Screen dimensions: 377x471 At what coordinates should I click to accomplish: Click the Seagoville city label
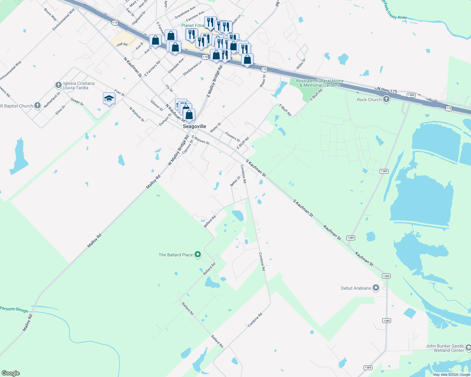195,126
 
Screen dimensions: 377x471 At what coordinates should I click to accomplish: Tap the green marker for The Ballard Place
198,254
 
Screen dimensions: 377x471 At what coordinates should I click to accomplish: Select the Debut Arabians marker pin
376,288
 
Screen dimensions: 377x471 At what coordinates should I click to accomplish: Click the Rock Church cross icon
386,100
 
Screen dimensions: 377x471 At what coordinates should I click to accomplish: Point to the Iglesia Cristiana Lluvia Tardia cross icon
58,85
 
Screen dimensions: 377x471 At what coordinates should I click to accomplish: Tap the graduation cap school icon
109,99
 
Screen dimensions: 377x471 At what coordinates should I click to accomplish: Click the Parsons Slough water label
14,309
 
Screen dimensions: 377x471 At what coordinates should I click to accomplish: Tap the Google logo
11,373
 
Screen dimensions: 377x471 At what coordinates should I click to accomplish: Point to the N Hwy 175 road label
387,91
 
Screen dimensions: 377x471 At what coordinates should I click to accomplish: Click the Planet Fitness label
193,25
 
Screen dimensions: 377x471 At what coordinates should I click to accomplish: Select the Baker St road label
235,181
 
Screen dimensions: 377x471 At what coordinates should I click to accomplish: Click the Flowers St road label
232,137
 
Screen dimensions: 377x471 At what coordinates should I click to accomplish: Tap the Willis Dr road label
301,64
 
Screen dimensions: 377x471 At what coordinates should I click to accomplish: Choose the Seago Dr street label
77,101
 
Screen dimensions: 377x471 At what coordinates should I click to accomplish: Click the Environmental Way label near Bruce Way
64,19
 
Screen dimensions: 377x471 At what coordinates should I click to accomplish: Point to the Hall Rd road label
122,44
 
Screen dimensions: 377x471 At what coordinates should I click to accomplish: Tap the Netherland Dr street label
52,100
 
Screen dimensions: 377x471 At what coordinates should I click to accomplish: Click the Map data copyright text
451,374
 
